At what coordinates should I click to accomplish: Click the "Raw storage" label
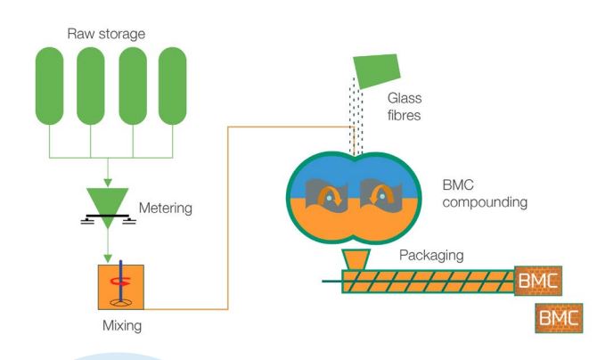tap(106, 35)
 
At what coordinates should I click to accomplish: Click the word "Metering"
tap(166, 209)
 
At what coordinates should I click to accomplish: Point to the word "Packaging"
tap(431, 254)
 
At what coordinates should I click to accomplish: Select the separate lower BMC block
tap(558, 318)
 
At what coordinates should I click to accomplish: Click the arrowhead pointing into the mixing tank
tap(108, 257)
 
